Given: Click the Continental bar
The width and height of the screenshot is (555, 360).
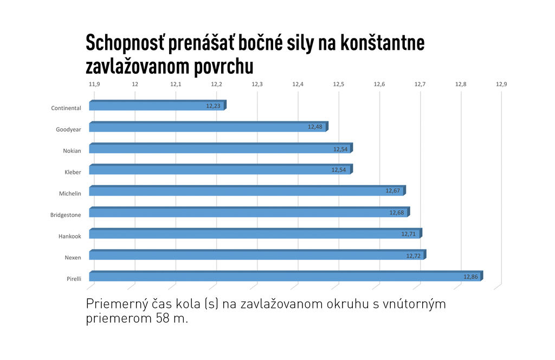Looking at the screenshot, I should pyautogui.click(x=157, y=106).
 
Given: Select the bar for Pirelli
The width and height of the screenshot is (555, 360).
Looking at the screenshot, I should pyautogui.click(x=285, y=277).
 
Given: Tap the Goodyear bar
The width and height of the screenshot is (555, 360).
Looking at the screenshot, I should pyautogui.click(x=208, y=127).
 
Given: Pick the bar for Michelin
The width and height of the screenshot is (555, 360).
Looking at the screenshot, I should pyautogui.click(x=247, y=191).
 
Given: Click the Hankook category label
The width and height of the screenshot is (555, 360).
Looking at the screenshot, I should pyautogui.click(x=70, y=236).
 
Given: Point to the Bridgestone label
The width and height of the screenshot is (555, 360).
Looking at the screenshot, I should pyautogui.click(x=66, y=215).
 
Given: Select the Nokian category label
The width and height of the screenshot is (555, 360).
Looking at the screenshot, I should pyautogui.click(x=72, y=151).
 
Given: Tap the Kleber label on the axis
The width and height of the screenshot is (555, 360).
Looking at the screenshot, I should pyautogui.click(x=73, y=172).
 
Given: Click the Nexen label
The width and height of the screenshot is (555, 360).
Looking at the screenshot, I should pyautogui.click(x=73, y=258).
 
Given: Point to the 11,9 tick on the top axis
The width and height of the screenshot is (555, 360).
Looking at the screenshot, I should pyautogui.click(x=94, y=85).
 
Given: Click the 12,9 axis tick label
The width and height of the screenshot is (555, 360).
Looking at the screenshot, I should pyautogui.click(x=501, y=85).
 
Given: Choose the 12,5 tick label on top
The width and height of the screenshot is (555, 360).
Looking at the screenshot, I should pyautogui.click(x=339, y=85).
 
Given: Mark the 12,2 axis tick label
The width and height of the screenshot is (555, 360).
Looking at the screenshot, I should pyautogui.click(x=216, y=85).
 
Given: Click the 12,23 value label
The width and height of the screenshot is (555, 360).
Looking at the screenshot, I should pyautogui.click(x=213, y=106).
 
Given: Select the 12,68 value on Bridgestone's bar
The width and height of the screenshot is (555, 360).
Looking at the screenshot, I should pyautogui.click(x=397, y=213).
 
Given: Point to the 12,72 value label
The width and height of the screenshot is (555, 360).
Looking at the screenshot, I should pyautogui.click(x=414, y=255).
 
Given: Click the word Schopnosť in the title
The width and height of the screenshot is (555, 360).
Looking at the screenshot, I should pyautogui.click(x=125, y=43).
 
